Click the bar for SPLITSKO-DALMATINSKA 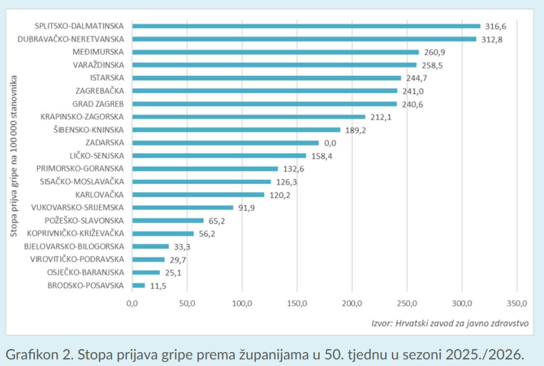click(306, 26)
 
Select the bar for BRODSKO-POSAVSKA click(139, 285)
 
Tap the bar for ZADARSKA click(225, 143)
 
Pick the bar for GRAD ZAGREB click(264, 104)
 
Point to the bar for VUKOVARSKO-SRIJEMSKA click(183, 208)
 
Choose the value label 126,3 click(286, 182)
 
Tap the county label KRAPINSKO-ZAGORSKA click(82, 117)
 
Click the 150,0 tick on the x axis click(297, 303)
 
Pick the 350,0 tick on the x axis click(517, 303)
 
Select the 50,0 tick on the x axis click(187, 303)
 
